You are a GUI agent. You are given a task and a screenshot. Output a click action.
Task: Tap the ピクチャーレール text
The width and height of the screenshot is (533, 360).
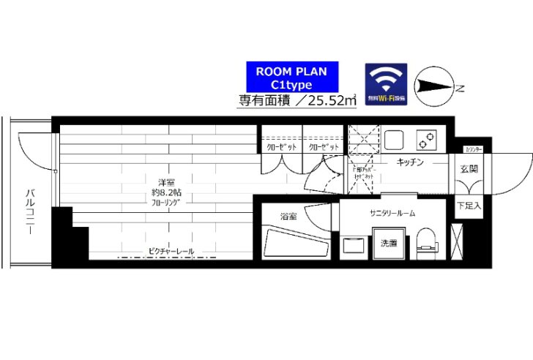[171, 251]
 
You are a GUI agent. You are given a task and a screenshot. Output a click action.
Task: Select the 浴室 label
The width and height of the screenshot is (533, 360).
[288, 217]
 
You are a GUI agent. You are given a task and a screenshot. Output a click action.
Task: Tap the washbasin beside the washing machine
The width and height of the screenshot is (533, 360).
[354, 247]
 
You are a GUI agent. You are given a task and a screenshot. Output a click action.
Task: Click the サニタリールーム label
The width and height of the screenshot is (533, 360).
[392, 212]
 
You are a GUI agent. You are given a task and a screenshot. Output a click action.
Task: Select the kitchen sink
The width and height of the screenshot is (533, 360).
[395, 138]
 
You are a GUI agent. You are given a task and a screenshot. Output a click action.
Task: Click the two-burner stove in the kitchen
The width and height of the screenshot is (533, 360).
[427, 138]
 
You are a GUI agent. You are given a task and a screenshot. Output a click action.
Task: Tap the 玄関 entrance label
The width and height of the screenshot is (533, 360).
[465, 169]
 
